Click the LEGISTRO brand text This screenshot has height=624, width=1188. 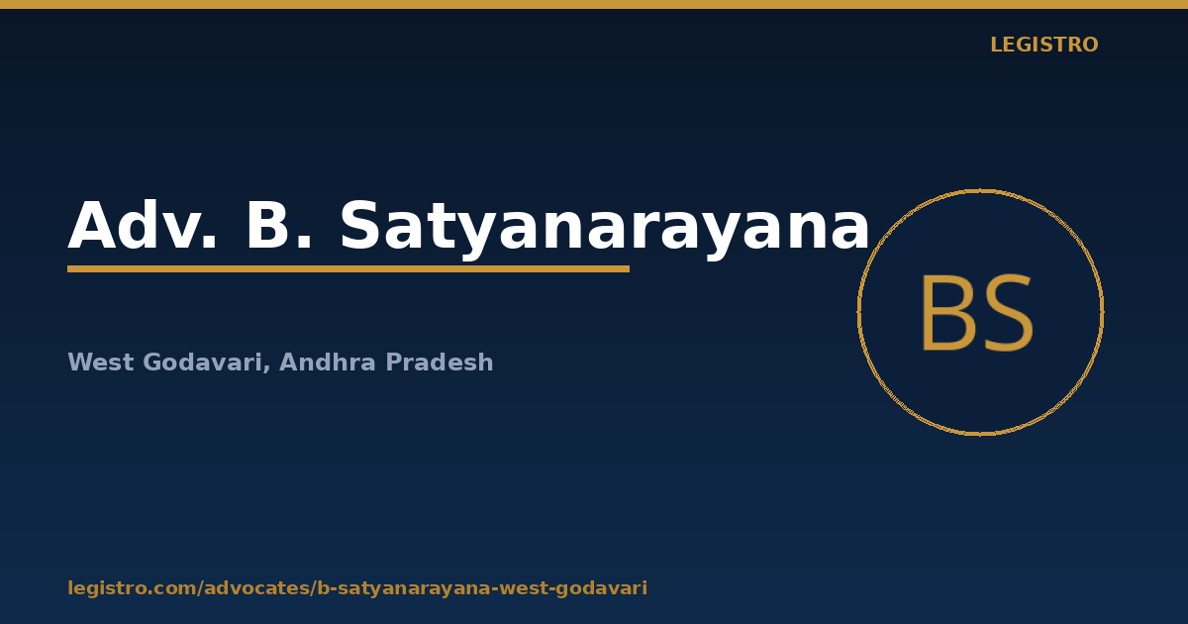[1044, 45]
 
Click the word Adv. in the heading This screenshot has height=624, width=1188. [143, 225]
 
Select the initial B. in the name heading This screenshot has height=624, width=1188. [279, 225]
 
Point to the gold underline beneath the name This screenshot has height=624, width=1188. [348, 269]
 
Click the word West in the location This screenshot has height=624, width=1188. [101, 363]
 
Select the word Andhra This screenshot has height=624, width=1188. [328, 362]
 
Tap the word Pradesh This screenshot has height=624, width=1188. [440, 362]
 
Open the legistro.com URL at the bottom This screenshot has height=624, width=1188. [357, 588]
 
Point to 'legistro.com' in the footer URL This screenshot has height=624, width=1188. [133, 588]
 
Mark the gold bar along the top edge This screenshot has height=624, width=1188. [594, 4]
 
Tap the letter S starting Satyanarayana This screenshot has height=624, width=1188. [359, 225]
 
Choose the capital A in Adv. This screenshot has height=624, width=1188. [92, 225]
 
